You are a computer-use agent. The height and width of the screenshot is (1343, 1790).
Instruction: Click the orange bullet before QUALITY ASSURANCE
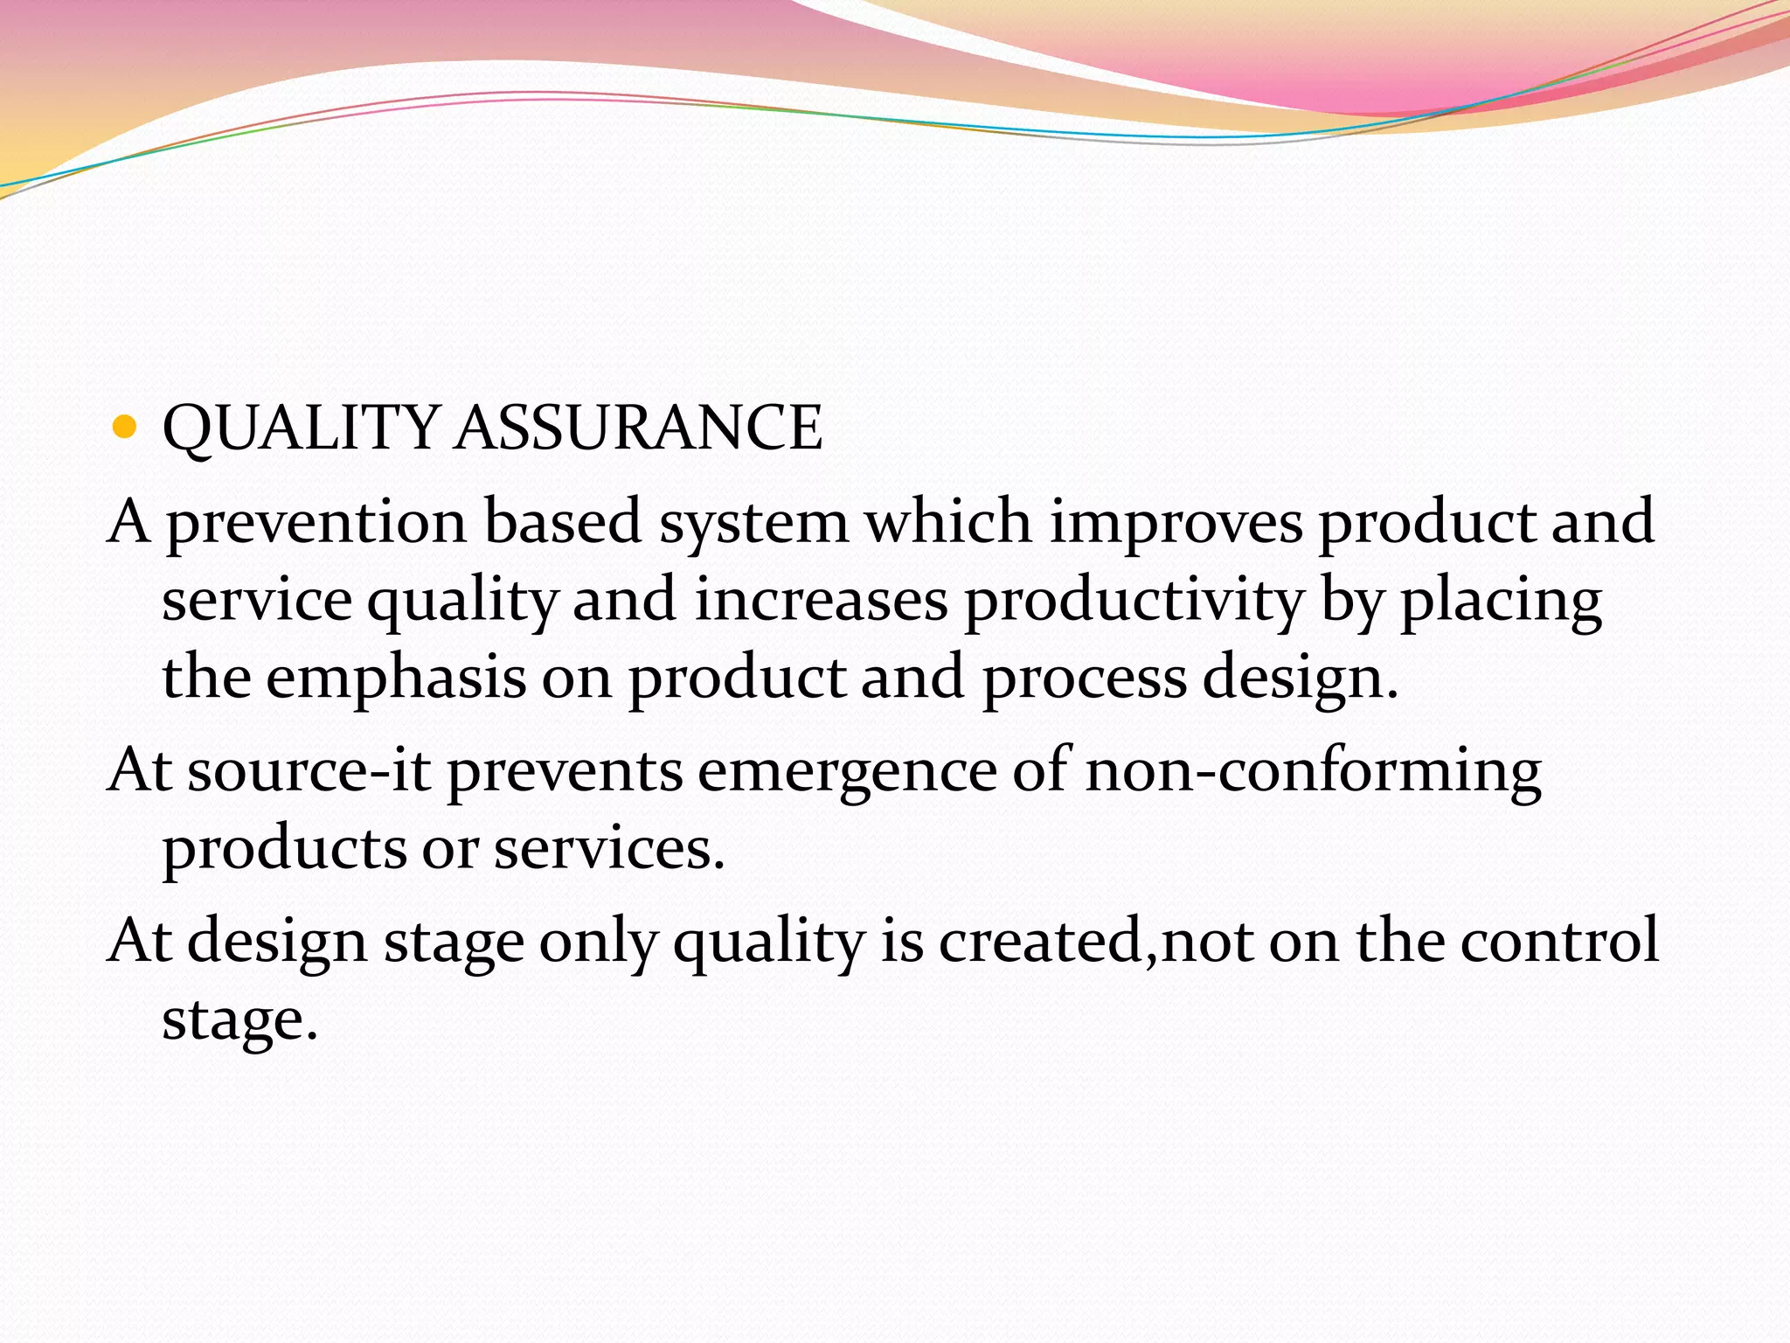tap(126, 428)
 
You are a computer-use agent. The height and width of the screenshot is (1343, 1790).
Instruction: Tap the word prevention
tap(316, 523)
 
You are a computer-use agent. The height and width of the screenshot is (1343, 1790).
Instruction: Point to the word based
tap(563, 521)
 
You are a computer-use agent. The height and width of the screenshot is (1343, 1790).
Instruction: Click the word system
tap(753, 523)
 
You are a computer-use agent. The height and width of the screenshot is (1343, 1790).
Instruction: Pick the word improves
tap(1176, 523)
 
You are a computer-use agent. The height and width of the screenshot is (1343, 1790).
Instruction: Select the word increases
tap(821, 601)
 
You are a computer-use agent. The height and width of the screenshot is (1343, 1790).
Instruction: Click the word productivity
tap(1134, 602)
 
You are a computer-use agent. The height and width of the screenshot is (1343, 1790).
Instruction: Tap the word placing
tap(1501, 602)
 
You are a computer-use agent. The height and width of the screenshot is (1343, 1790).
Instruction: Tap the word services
tap(609, 849)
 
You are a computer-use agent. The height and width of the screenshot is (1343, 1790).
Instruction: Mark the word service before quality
tap(257, 601)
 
